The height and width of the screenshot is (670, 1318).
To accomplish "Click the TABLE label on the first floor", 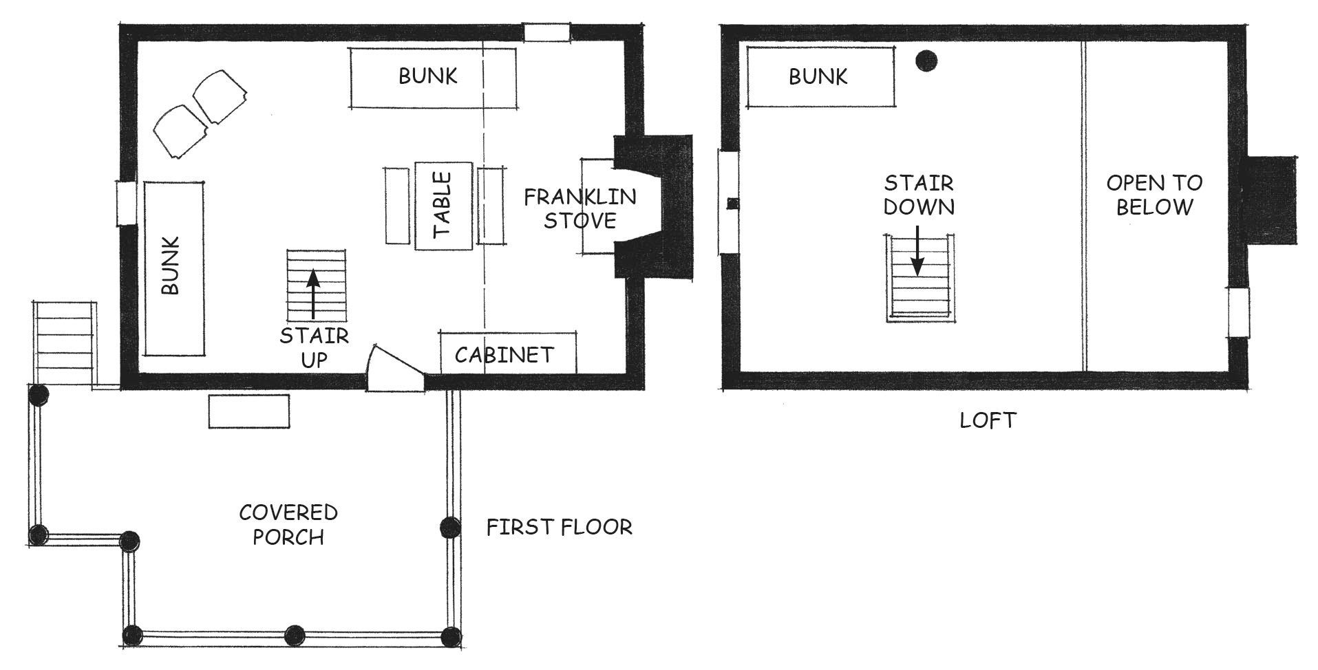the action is [443, 204].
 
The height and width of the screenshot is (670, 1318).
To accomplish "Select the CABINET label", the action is [504, 355].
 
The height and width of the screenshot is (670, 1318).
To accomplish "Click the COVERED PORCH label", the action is [288, 524].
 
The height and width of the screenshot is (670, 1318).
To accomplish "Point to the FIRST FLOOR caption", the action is [559, 527].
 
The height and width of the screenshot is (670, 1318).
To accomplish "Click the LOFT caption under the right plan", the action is [988, 420].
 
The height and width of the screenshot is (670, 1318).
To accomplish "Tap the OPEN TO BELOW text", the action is [1154, 195].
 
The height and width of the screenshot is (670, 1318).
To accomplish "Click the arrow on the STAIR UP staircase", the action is [313, 294].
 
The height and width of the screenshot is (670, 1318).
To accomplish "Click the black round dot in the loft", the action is [926, 61].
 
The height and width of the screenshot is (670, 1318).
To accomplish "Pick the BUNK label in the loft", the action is [818, 76].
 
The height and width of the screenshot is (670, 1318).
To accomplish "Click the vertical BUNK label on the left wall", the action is [170, 266].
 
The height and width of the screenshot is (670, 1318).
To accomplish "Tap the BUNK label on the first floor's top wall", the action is [428, 76].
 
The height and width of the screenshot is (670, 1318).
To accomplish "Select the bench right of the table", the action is [491, 205].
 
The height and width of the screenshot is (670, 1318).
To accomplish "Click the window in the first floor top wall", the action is [546, 32].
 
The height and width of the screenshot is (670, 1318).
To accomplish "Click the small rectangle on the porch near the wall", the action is [249, 411].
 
